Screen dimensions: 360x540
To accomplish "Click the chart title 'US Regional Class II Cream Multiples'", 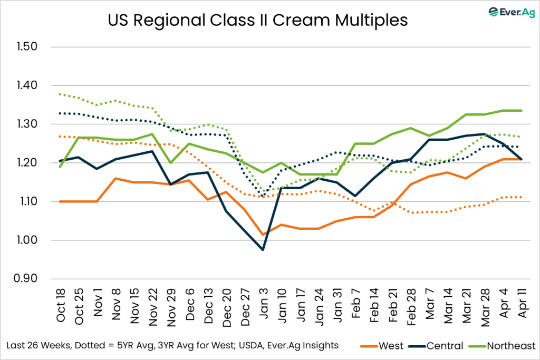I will pyautogui.click(x=257, y=20).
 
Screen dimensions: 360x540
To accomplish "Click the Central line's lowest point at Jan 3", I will pyautogui.click(x=263, y=250).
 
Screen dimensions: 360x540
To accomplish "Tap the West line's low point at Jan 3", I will pyautogui.click(x=263, y=235).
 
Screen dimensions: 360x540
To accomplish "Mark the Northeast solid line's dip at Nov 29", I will pyautogui.click(x=169, y=163).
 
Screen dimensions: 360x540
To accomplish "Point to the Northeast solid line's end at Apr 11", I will pyautogui.click(x=521, y=111).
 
